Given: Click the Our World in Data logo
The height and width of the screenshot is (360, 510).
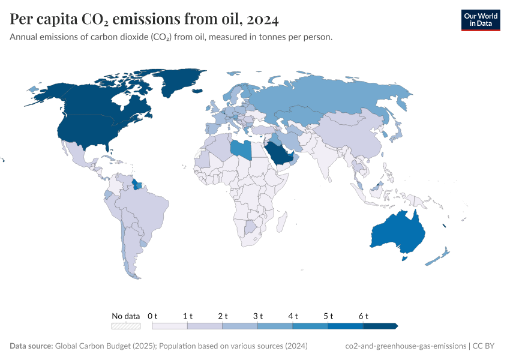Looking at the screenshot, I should (x=480, y=20).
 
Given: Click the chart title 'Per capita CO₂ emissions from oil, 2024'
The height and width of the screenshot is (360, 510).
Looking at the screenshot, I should (x=144, y=20).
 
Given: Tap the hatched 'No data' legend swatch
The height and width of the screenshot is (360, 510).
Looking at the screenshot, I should (x=126, y=326).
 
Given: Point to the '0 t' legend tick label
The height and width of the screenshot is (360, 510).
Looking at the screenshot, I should (x=152, y=316).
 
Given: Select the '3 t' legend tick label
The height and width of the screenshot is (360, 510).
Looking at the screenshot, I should (x=258, y=316).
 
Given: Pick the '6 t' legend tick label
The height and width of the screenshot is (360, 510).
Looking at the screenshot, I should (x=364, y=316).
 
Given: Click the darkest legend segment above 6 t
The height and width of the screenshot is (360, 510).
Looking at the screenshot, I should (x=380, y=326).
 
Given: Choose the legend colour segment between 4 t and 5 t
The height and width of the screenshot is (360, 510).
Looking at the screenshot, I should (x=311, y=326).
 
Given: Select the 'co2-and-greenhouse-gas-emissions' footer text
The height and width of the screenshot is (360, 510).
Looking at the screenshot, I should (x=406, y=346).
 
